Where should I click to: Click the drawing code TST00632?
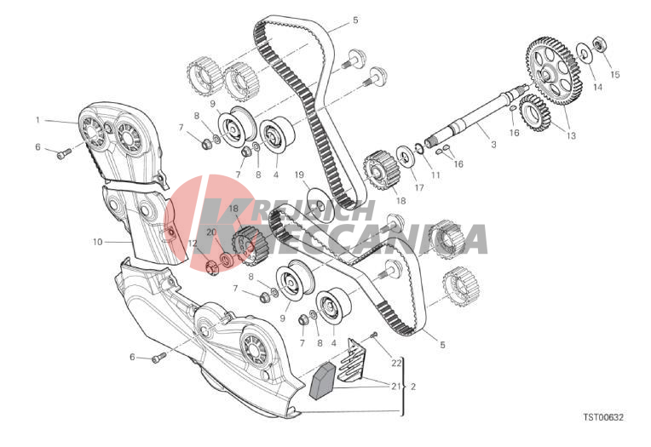(x=603, y=417)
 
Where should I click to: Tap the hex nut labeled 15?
(x=600, y=43)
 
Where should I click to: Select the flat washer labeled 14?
(x=585, y=53)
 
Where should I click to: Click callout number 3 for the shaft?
(x=493, y=145)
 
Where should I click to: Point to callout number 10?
(x=97, y=242)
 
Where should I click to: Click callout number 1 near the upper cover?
(x=37, y=120)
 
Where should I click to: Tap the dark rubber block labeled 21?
(x=323, y=381)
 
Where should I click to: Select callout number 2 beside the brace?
(x=412, y=387)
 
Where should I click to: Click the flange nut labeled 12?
(x=212, y=266)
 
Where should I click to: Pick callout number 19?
(x=299, y=175)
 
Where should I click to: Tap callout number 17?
(x=419, y=187)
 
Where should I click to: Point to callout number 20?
(x=211, y=232)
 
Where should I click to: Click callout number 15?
(x=615, y=75)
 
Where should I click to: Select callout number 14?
(x=597, y=87)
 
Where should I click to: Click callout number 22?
(x=396, y=363)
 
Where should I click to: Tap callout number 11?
(x=435, y=175)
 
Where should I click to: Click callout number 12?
(x=193, y=244)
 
